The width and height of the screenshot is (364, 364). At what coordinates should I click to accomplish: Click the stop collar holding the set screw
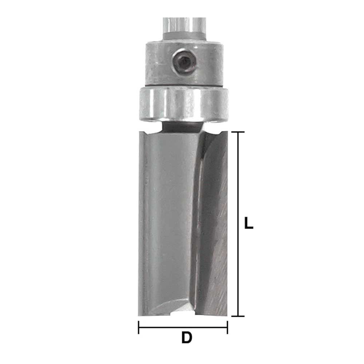(184, 64)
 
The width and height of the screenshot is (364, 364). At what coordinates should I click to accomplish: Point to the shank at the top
(184, 29)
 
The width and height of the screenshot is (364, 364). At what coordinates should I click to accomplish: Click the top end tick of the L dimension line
(238, 132)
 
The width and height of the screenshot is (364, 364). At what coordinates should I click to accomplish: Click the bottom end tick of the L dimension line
(238, 316)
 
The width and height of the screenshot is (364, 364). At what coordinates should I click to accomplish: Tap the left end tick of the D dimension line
(139, 327)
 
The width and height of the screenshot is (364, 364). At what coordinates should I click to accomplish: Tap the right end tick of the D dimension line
(227, 327)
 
